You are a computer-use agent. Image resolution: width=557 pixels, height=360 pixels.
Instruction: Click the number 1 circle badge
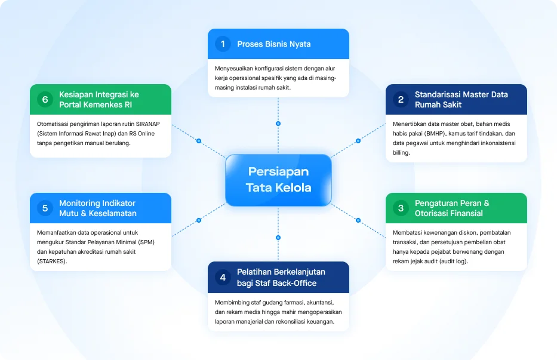(x=223, y=44)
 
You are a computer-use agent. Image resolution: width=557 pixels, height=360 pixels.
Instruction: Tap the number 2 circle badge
(x=401, y=100)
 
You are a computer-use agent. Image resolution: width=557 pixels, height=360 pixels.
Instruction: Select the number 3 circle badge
(x=401, y=208)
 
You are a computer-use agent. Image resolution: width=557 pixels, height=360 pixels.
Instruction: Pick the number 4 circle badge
(x=223, y=278)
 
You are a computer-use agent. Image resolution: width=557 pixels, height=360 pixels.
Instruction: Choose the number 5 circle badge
(x=45, y=208)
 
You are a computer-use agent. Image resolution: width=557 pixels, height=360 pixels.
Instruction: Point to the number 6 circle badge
(x=45, y=100)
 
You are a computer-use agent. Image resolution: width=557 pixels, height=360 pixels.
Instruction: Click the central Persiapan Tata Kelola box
(x=278, y=180)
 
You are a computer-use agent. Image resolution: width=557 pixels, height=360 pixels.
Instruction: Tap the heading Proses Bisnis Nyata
(x=274, y=44)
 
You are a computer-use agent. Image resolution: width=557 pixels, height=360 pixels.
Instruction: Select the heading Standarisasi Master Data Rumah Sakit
(x=461, y=100)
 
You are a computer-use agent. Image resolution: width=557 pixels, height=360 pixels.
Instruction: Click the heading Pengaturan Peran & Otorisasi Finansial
(x=452, y=208)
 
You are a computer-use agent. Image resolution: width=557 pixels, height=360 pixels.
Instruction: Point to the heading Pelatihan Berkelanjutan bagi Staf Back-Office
(x=281, y=278)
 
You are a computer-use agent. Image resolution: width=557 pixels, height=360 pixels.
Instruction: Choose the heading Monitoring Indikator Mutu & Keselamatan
(x=98, y=208)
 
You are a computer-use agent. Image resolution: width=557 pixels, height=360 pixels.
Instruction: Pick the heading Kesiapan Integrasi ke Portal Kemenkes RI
(x=99, y=100)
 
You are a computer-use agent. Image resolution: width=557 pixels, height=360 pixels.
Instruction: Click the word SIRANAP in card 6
(x=148, y=124)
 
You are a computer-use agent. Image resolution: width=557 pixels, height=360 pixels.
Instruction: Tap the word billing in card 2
(x=401, y=153)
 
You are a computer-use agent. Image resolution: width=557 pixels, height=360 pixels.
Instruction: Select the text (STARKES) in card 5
(x=52, y=261)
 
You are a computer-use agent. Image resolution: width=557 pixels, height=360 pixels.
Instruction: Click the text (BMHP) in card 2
(x=435, y=134)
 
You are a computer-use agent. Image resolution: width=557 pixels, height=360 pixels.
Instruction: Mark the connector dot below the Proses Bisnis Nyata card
(x=278, y=124)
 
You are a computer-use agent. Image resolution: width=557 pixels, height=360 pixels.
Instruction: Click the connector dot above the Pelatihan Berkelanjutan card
(x=278, y=238)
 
